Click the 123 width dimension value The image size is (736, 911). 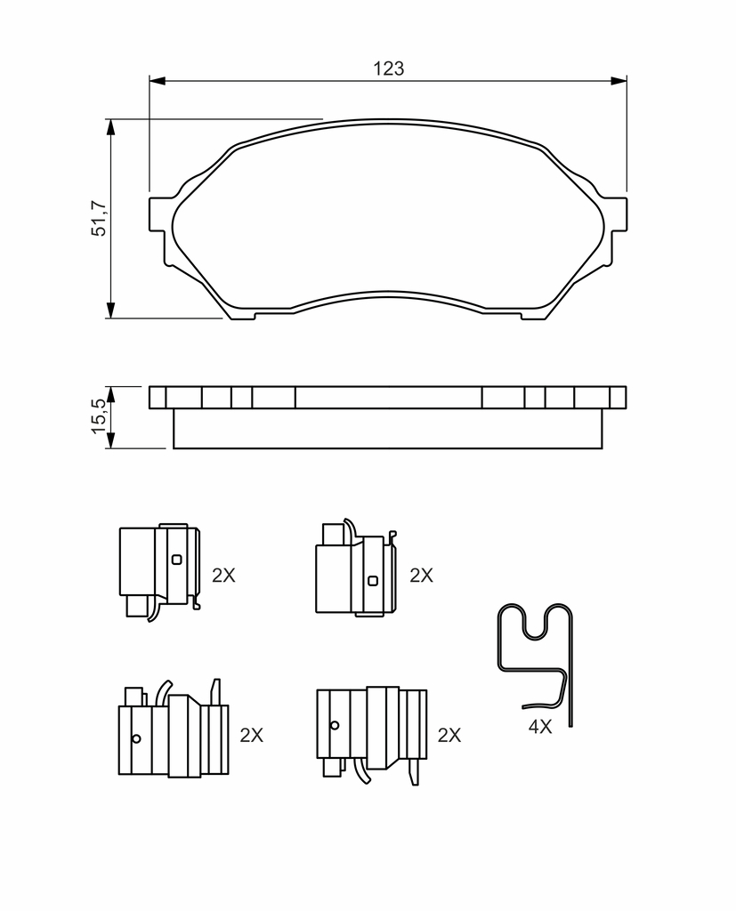pos(388,69)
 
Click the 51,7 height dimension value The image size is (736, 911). pos(99,219)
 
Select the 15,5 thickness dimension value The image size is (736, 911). pos(99,416)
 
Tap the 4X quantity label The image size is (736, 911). pos(540,726)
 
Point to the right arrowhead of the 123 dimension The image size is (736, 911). pos(619,80)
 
